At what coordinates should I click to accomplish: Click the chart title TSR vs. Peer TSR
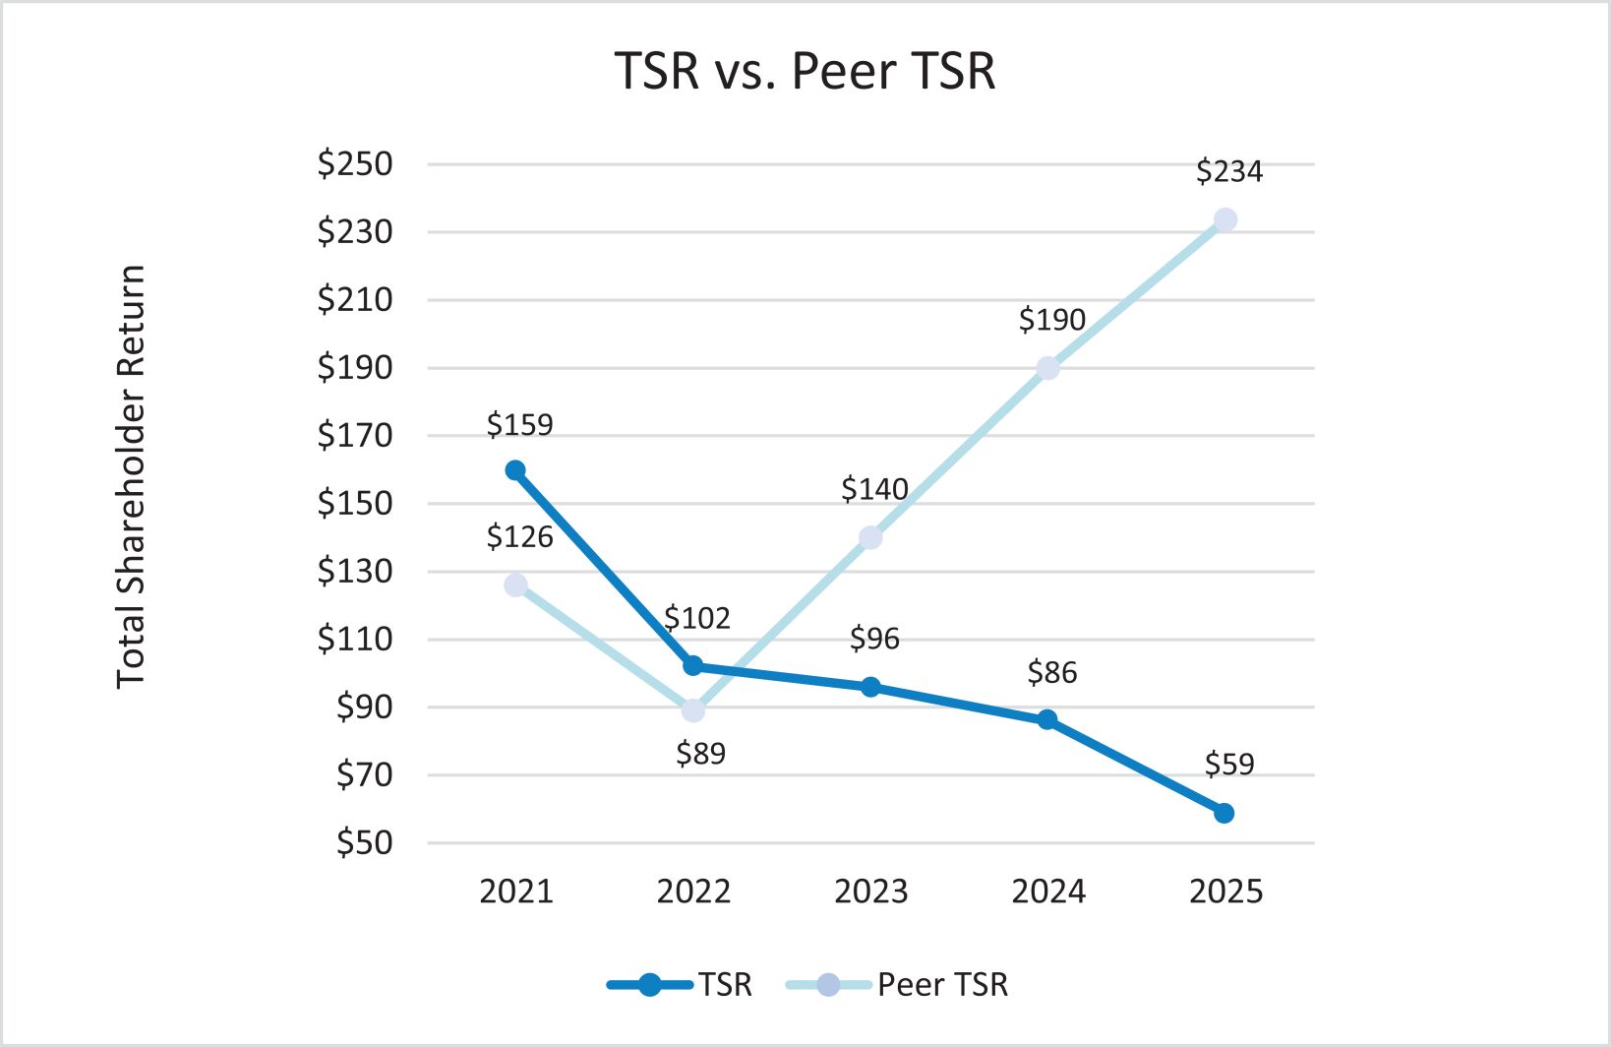click(x=805, y=71)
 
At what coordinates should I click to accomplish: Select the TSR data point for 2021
click(x=515, y=470)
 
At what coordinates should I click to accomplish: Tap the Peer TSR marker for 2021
click(x=515, y=585)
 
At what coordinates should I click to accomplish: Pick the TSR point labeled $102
click(x=692, y=665)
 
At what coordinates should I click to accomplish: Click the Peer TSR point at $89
click(x=693, y=709)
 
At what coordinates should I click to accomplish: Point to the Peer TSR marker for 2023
click(x=870, y=537)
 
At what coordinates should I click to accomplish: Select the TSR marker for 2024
click(x=1047, y=719)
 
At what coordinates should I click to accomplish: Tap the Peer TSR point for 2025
click(x=1224, y=219)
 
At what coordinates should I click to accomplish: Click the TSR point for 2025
click(x=1224, y=813)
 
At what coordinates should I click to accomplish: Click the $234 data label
click(x=1228, y=171)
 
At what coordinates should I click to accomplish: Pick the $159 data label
click(x=519, y=424)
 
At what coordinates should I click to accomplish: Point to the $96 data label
click(x=874, y=639)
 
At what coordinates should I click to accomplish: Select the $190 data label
click(x=1051, y=319)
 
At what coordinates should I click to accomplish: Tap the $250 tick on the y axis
click(x=354, y=163)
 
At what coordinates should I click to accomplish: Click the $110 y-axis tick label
click(x=354, y=639)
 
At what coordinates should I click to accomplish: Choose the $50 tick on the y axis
click(x=364, y=842)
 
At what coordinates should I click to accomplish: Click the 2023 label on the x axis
click(x=870, y=892)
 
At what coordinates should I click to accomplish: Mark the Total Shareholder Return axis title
click(x=131, y=476)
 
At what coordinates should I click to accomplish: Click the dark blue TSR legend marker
click(x=649, y=984)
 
